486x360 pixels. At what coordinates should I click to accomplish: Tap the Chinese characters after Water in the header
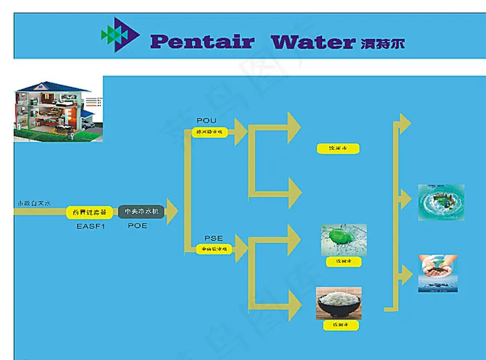coord(383,43)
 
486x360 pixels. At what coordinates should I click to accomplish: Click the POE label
coord(137,225)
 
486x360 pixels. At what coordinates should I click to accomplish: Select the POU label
coord(207,121)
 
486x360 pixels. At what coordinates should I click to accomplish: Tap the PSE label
coord(213,238)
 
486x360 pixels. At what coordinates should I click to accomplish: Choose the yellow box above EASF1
coord(89,211)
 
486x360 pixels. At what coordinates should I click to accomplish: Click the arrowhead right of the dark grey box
coord(171,211)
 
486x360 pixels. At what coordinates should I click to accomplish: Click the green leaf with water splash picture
coord(343,240)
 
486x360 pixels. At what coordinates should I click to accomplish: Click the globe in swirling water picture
coord(441,202)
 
